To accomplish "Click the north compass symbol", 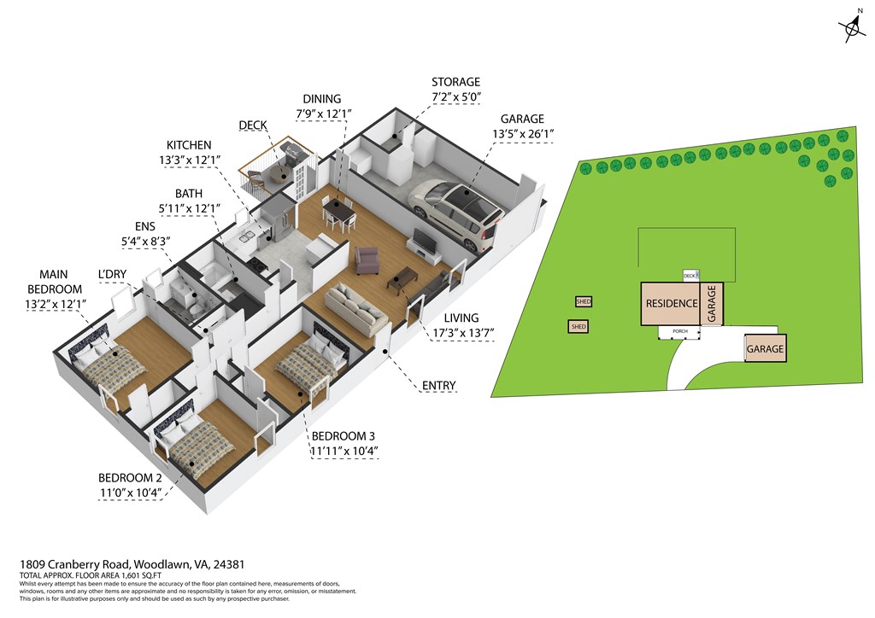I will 852,31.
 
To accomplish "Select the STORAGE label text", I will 455,82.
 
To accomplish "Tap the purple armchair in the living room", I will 367,260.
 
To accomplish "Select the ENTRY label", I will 439,386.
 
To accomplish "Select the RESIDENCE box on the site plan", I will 671,303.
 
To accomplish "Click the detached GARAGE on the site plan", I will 766,349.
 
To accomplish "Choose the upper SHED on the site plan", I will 584,301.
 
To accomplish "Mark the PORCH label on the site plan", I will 680,331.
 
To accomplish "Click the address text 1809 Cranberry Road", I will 75,564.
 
